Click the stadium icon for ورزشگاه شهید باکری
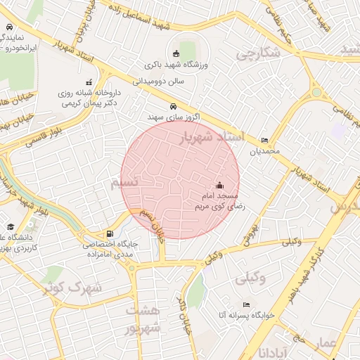tap(175, 53)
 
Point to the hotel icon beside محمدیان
tap(264, 139)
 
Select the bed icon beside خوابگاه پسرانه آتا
tap(245, 304)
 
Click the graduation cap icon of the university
tap(11, 226)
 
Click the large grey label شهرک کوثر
tap(72, 287)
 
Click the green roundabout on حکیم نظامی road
tap(317, 92)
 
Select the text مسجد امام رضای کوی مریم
tap(220, 200)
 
